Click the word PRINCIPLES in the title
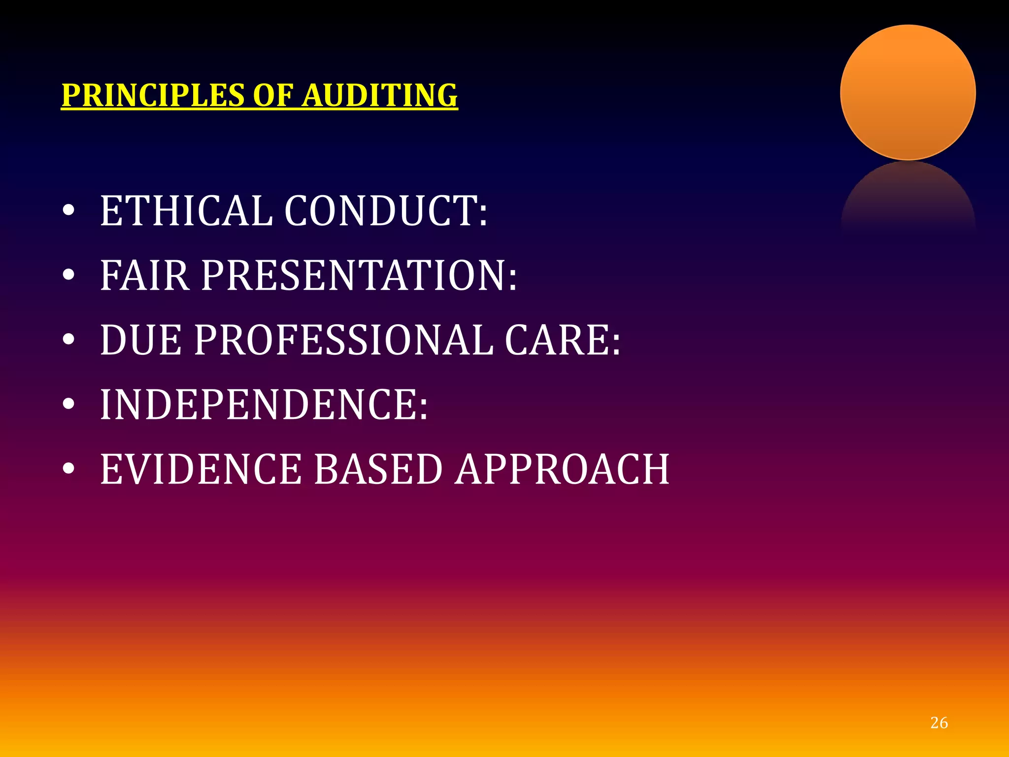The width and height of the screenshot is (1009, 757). pos(153,95)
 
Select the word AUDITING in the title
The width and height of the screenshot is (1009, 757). pos(380,95)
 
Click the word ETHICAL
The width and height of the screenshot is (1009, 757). pos(186,211)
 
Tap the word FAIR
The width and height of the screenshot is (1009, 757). pos(145,275)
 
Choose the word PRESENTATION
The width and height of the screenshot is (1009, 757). pos(359,275)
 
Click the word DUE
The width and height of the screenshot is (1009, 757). pos(141,340)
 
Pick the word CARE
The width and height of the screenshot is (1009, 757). pos(562,340)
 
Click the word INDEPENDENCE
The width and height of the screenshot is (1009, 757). pos(264,405)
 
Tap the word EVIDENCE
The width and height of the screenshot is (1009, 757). pos(201,469)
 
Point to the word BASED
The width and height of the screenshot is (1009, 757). pos(378,469)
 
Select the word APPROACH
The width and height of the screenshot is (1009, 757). pos(562,469)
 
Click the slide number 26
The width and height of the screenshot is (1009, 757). pos(939,723)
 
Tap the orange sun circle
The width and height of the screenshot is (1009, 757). pos(908,93)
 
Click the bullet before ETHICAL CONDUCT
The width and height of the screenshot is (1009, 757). pos(68,211)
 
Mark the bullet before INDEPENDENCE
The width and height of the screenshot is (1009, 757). pos(68,405)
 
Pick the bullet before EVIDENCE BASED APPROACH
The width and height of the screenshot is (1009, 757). pos(68,469)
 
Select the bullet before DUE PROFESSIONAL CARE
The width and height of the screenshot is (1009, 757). pos(68,340)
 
